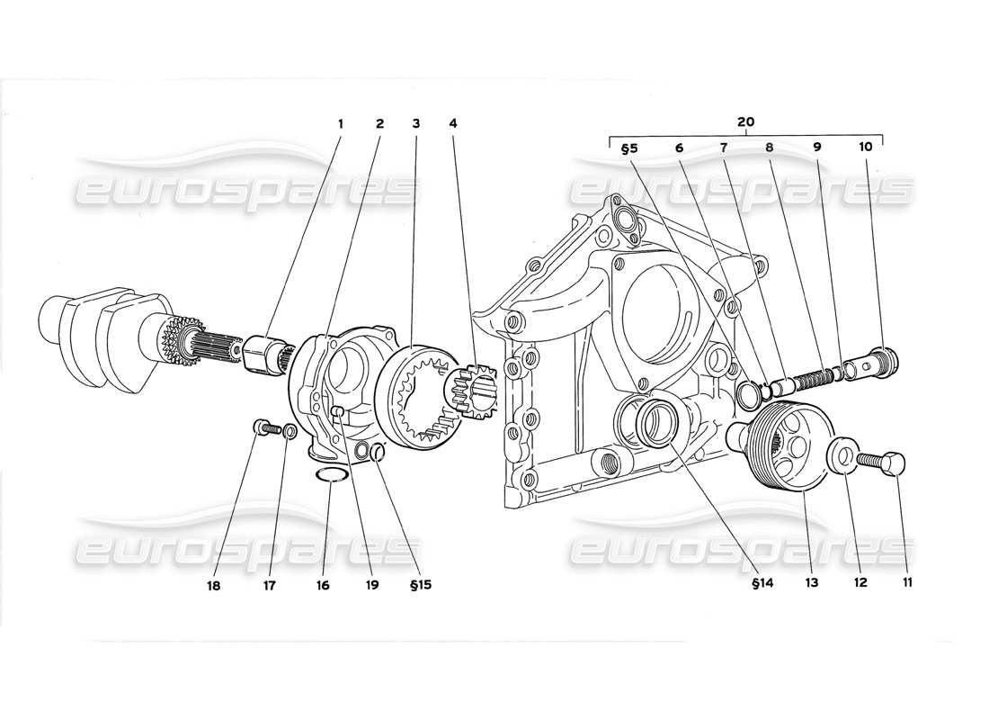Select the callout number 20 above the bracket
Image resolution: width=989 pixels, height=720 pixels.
pos(746,122)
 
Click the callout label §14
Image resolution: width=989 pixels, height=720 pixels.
pos(737,583)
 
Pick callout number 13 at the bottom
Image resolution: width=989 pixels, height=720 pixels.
pos(811,583)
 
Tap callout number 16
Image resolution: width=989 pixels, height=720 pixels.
pos(323,585)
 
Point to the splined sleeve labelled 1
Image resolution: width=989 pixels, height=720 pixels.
pos(264,350)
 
